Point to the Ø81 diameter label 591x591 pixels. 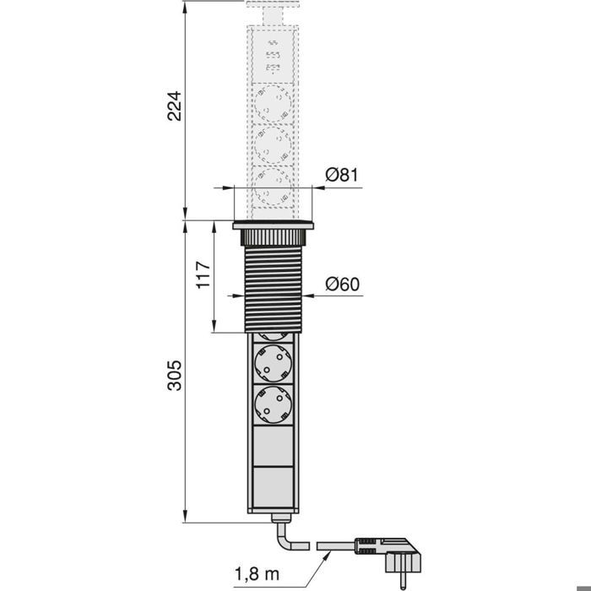342,176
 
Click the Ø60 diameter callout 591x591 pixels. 342,284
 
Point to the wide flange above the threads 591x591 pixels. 273,225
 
